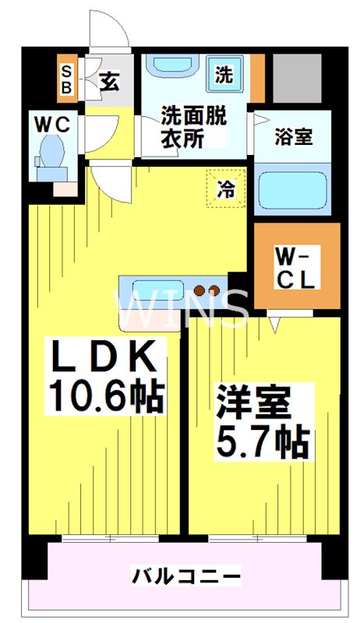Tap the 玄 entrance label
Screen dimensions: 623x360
109,79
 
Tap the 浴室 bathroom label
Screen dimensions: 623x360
294,136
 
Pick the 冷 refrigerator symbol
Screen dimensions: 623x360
225,188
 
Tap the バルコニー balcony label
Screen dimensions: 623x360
185,577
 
